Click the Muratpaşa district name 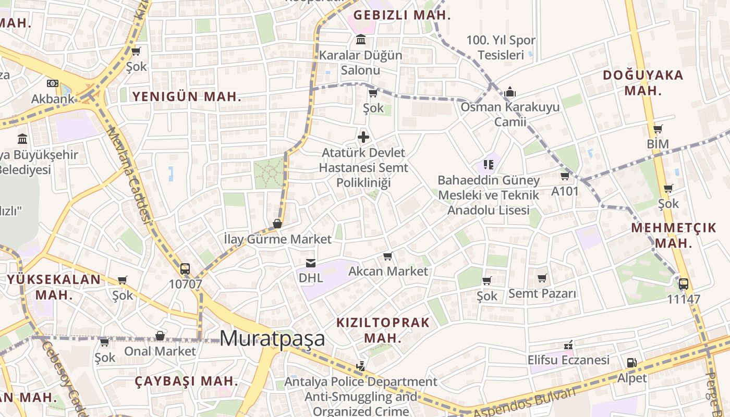[272, 338]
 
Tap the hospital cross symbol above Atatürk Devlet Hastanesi [363, 138]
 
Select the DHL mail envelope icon [311, 263]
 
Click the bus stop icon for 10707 [185, 269]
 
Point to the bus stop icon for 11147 [684, 284]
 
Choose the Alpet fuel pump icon [631, 362]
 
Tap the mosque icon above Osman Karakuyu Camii [510, 92]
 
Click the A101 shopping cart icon [565, 176]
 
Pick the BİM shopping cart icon [658, 129]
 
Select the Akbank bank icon [52, 83]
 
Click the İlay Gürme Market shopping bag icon [277, 224]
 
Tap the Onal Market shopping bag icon [160, 336]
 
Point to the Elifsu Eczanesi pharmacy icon [568, 345]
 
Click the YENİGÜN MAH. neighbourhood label [187, 96]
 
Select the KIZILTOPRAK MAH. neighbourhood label [383, 330]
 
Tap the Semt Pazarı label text [542, 293]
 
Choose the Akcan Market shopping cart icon [387, 256]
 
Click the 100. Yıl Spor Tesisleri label [501, 47]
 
